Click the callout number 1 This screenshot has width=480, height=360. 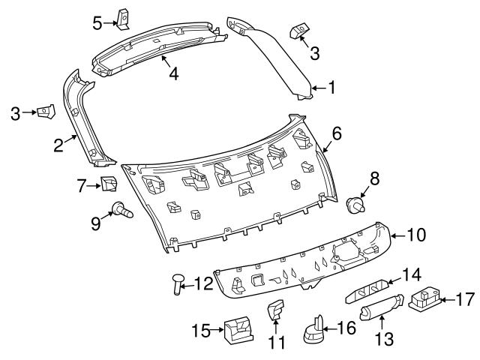(331, 88)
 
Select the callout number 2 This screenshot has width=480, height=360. (58, 145)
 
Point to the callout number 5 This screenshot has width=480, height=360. (97, 22)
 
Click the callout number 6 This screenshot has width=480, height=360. (337, 133)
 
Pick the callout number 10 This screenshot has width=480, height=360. (415, 235)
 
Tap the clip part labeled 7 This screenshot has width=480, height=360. (110, 184)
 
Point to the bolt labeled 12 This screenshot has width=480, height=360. (178, 283)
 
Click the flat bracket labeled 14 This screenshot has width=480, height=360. (369, 289)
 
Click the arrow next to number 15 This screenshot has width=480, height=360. (217, 328)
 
